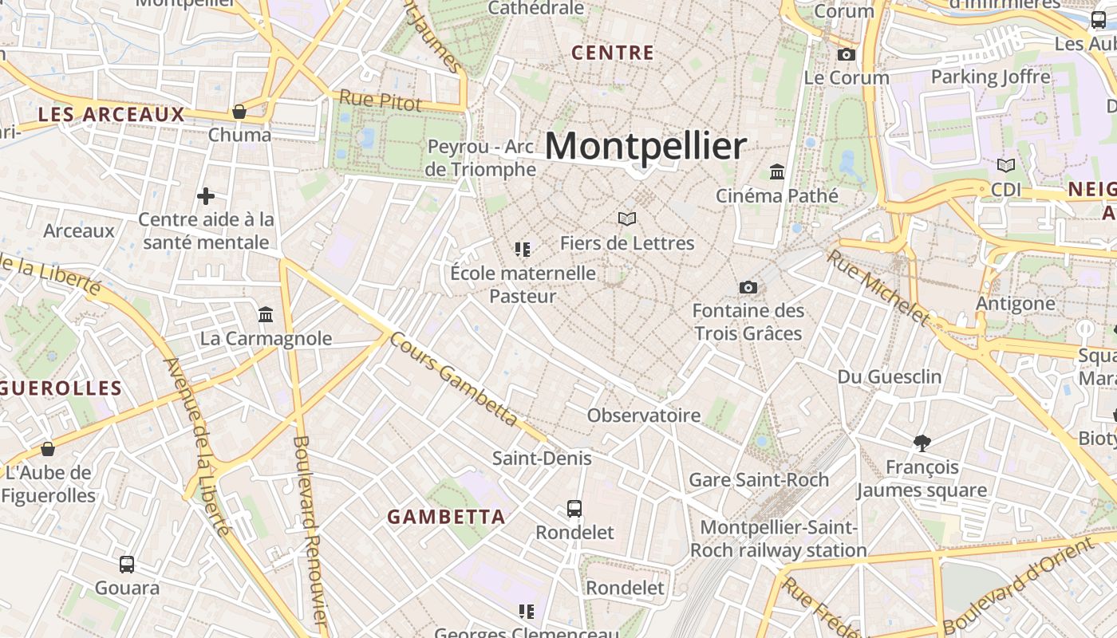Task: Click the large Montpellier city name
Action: tap(645, 147)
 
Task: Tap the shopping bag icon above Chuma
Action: tap(239, 112)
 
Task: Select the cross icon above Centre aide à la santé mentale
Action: tap(206, 195)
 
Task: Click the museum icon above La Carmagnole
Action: tap(266, 315)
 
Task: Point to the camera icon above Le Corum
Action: tap(847, 54)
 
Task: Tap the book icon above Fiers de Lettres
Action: tap(627, 219)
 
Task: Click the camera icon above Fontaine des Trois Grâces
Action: tap(748, 287)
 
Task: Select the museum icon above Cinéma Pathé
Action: tap(777, 171)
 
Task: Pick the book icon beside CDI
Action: tap(1006, 166)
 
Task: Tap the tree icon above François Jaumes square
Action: tap(922, 443)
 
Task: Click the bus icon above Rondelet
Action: tap(574, 508)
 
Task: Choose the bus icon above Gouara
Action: tap(127, 565)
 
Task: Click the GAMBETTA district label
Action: tap(446, 517)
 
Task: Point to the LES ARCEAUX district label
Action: tap(112, 114)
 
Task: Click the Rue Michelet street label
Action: tap(878, 288)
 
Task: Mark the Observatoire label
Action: tap(644, 415)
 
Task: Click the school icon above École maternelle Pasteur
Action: tap(523, 250)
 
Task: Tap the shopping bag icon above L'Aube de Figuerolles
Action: tap(48, 449)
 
